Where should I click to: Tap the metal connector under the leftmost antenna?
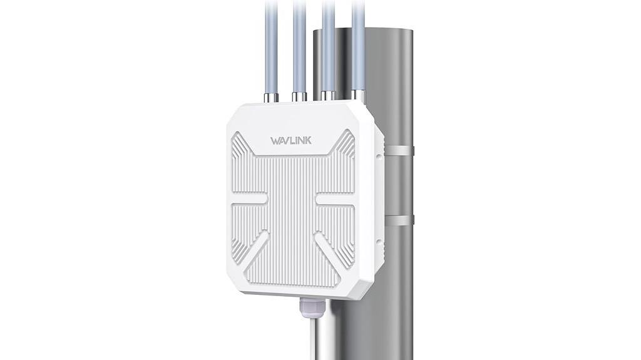click(x=271, y=98)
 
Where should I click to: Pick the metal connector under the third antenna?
click(x=328, y=95)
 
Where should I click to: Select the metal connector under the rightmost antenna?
click(x=357, y=95)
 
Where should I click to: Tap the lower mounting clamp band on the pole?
click(x=399, y=219)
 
